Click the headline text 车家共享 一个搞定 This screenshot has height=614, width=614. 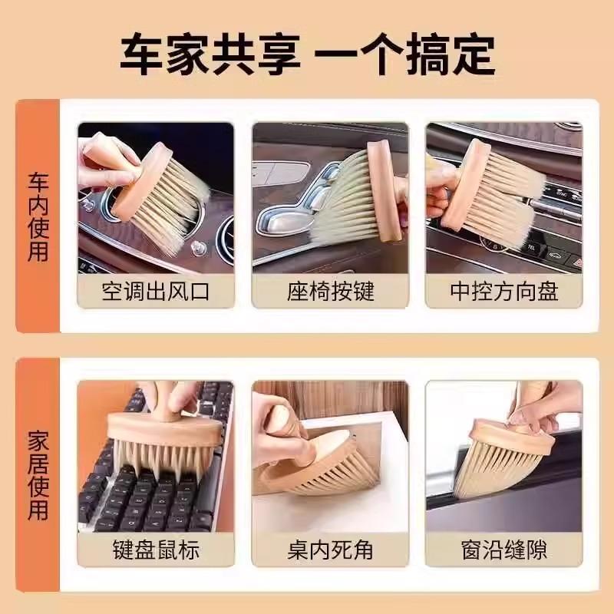click(307, 51)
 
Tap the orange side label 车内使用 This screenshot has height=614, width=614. click(38, 216)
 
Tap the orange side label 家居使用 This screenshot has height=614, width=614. click(38, 476)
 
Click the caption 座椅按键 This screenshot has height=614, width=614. click(330, 292)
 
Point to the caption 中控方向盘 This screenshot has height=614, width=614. click(504, 292)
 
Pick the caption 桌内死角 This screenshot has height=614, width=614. click(330, 550)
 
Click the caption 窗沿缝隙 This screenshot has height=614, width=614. click(504, 550)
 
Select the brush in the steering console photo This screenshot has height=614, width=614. click(484, 192)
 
